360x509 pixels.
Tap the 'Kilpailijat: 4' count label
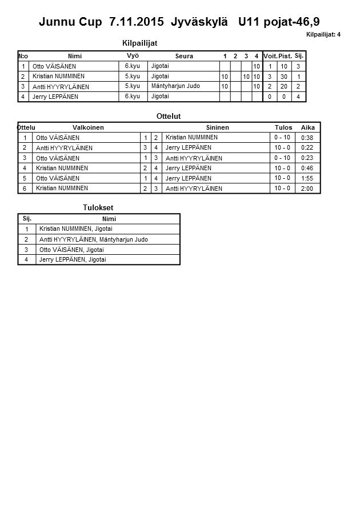coord(323,35)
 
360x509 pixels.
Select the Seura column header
coord(184,56)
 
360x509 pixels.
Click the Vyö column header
coord(133,55)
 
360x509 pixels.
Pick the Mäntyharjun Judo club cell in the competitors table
coord(176,86)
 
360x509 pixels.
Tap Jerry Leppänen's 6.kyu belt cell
coord(132,97)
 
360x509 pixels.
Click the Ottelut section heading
coord(169,116)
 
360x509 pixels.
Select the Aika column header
coord(307,127)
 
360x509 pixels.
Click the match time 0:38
coord(307,138)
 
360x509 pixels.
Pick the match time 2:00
coord(307,189)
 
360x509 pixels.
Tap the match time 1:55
coord(307,178)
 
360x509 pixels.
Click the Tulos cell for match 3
coord(282,158)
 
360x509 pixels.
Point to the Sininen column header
coord(217,127)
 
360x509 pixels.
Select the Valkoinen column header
coord(88,127)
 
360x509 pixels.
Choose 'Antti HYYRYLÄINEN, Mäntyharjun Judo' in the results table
coord(94,239)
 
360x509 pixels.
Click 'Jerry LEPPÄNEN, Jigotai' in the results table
coord(73,260)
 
